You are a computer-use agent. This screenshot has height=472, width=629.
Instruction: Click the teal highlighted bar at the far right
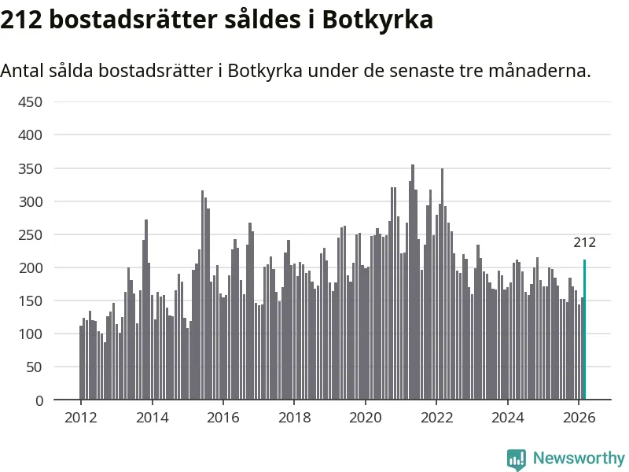click(584, 330)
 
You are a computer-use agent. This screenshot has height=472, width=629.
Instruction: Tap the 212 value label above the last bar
click(584, 242)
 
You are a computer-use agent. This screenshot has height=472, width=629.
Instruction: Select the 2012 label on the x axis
click(80, 417)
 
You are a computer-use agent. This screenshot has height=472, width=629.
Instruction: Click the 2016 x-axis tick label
click(223, 417)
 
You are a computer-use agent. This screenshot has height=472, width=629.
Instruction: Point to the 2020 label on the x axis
click(365, 417)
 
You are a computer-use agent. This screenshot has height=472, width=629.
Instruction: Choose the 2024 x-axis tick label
click(507, 417)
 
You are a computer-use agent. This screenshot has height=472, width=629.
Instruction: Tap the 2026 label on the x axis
click(578, 417)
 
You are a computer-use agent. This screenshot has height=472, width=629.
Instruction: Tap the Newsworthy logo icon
click(517, 459)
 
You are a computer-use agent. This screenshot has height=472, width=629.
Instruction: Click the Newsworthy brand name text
click(579, 458)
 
